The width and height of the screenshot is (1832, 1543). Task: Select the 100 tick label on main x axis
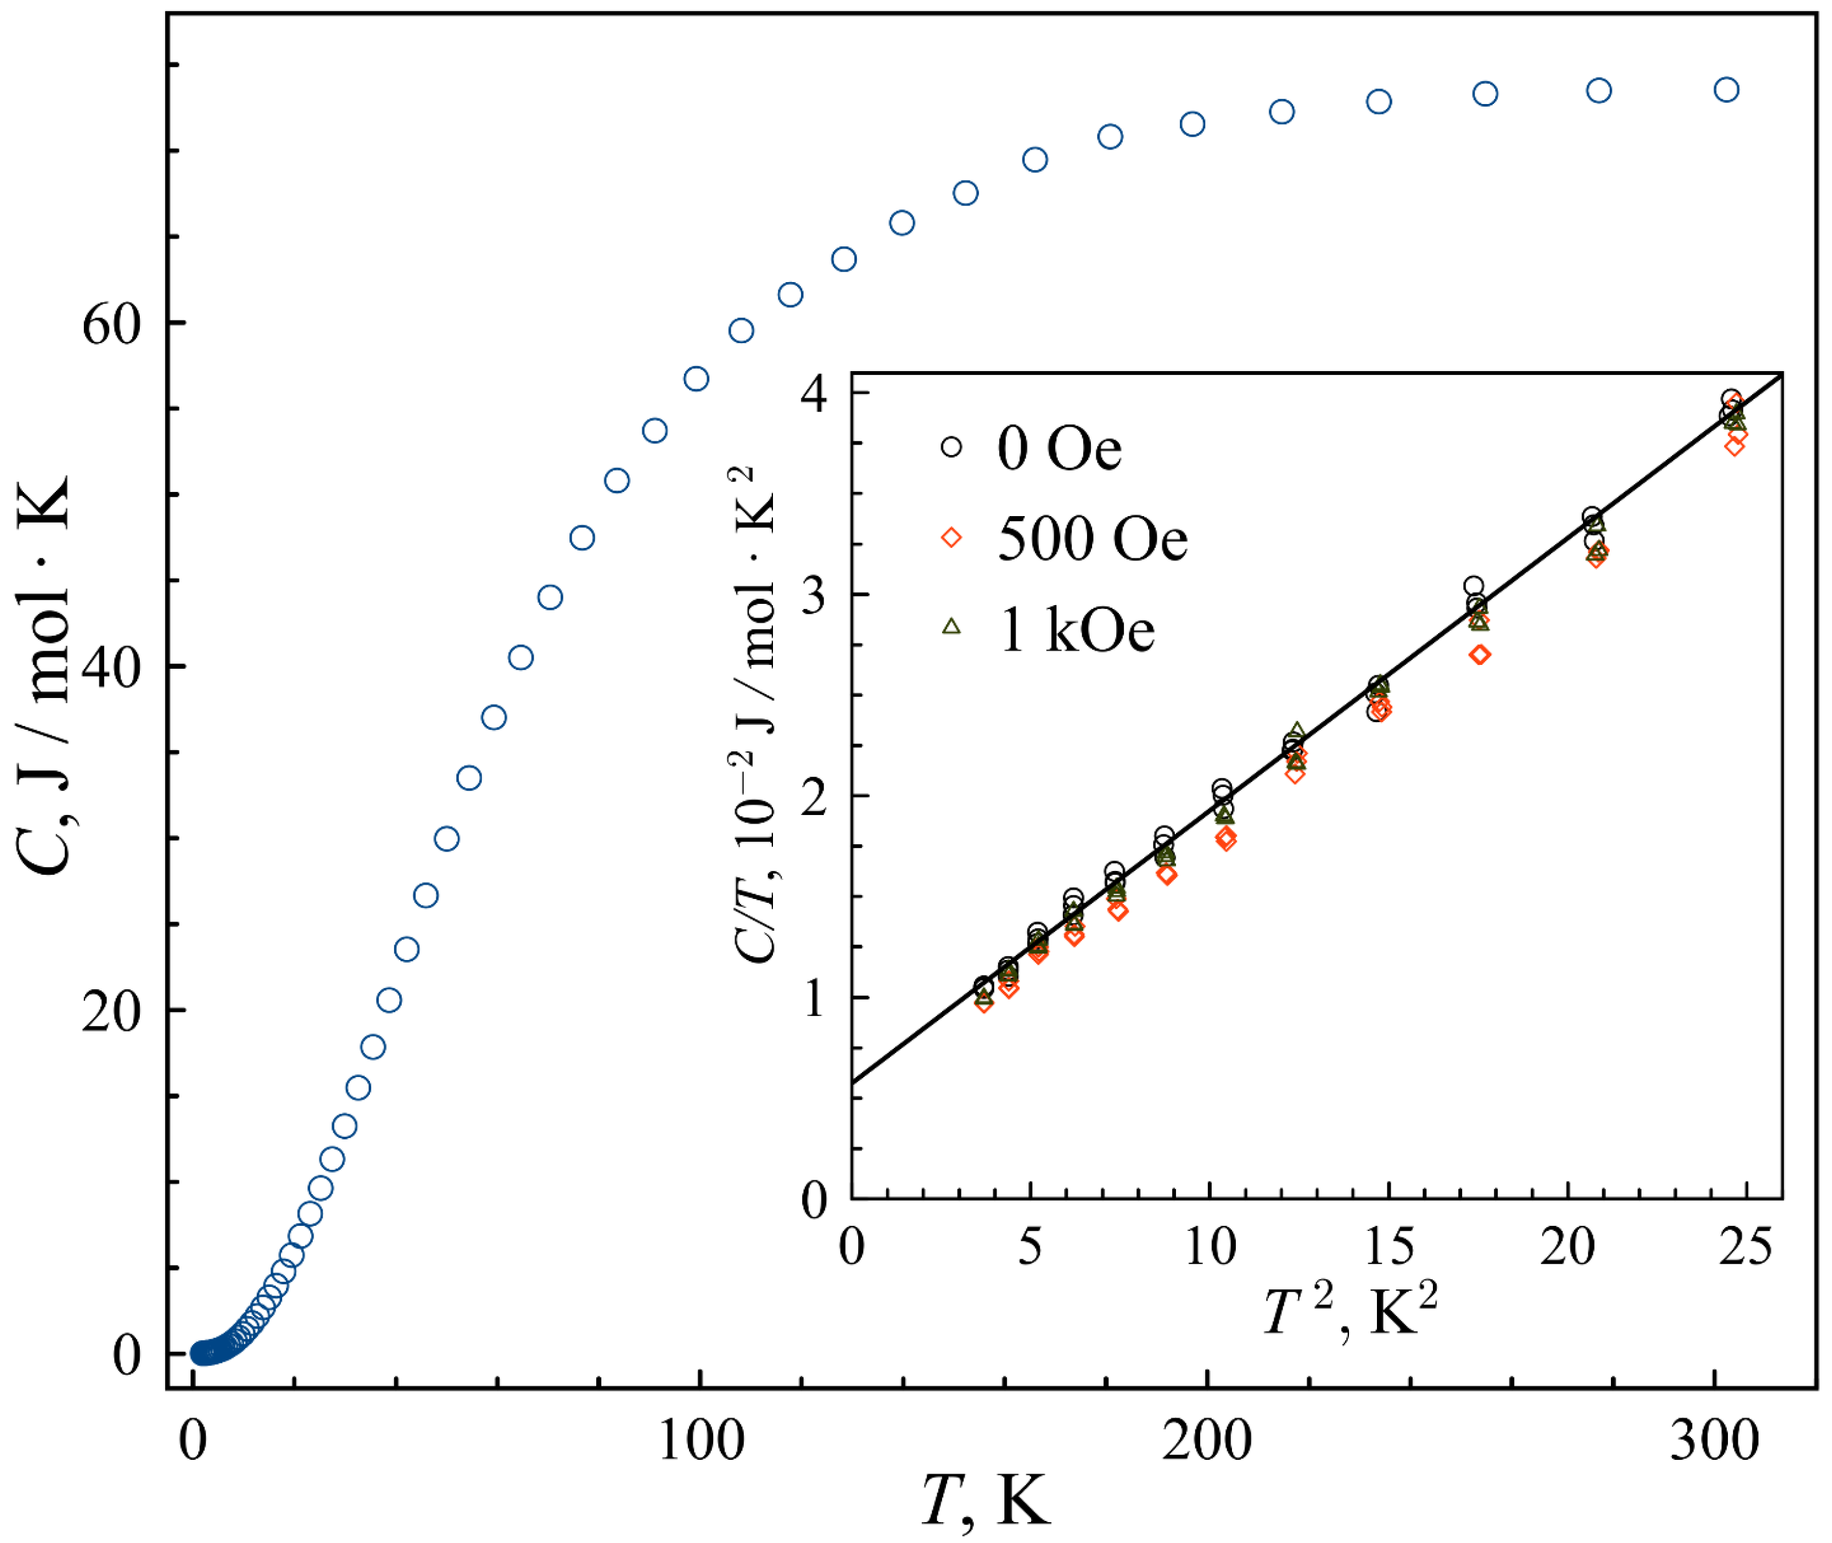(701, 1441)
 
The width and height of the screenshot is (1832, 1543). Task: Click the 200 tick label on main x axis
(1207, 1441)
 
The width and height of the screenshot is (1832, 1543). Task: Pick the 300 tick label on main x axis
(1715, 1441)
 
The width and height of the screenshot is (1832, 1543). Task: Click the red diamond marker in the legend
(951, 537)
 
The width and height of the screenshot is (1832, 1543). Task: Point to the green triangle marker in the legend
(951, 627)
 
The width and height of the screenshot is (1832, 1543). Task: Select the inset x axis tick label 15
(1389, 1247)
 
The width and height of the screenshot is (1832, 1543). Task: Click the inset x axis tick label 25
(1747, 1247)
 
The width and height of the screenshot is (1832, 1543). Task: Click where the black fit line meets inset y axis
(852, 1083)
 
